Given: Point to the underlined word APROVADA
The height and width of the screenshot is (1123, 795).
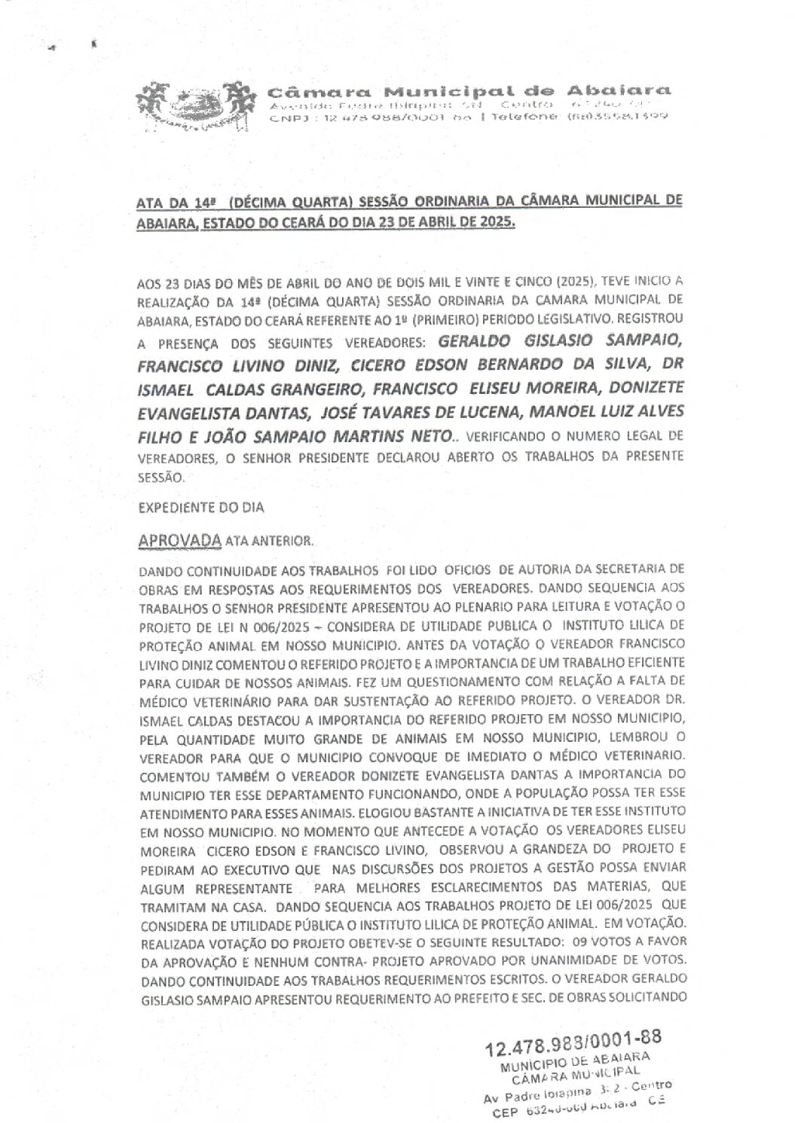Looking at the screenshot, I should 180,541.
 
